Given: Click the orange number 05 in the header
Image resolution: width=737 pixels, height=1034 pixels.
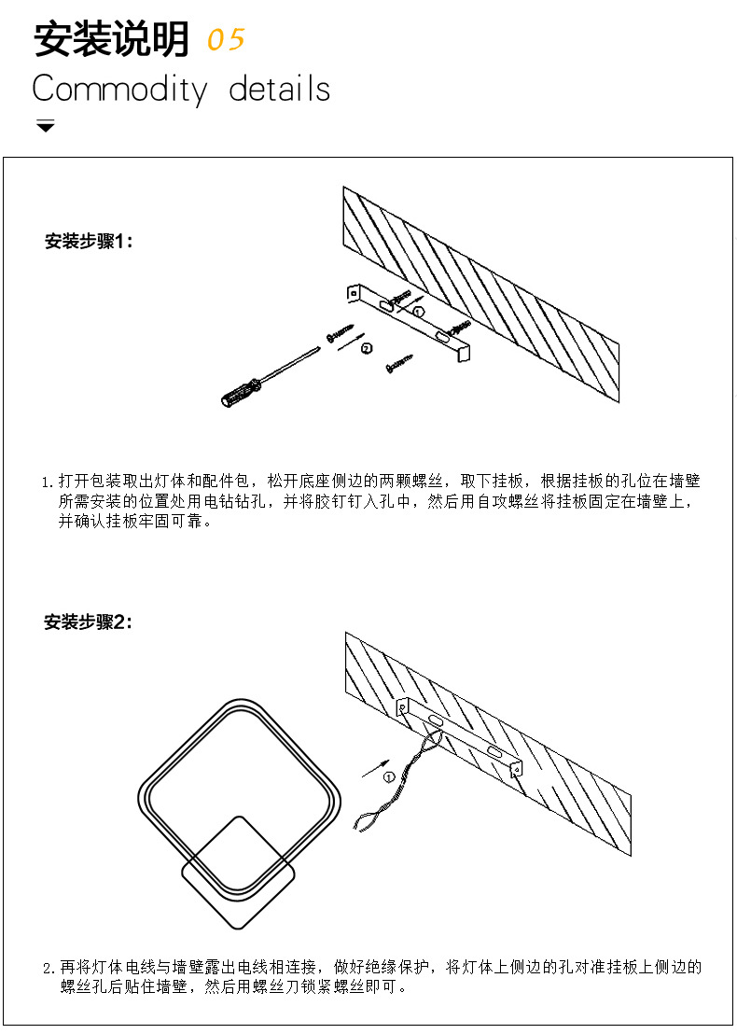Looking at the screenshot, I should point(225,40).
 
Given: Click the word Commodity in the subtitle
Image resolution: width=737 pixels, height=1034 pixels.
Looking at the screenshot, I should point(119,90).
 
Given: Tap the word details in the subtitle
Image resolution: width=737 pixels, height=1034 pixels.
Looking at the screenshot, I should point(280,90).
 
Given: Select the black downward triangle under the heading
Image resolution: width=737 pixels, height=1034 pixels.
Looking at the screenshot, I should point(46,126).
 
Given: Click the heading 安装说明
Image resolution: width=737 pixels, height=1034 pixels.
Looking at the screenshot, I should point(112,40).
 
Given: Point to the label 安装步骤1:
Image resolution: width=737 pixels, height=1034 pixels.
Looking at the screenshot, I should point(90,242).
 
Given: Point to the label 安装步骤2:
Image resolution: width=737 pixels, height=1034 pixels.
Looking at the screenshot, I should point(89,622).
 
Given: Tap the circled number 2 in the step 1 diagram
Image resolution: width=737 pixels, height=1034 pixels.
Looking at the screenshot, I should point(366,348).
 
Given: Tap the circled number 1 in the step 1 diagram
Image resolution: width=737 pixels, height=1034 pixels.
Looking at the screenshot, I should point(419,311).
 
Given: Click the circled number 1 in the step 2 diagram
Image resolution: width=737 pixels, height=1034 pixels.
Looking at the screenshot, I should point(389,777).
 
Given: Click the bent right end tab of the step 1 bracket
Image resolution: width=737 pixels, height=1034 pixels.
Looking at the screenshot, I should point(464,353).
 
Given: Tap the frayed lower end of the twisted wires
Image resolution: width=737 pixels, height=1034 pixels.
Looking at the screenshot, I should point(362,822).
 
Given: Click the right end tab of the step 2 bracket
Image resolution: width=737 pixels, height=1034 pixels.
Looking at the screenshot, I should point(516,767).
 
